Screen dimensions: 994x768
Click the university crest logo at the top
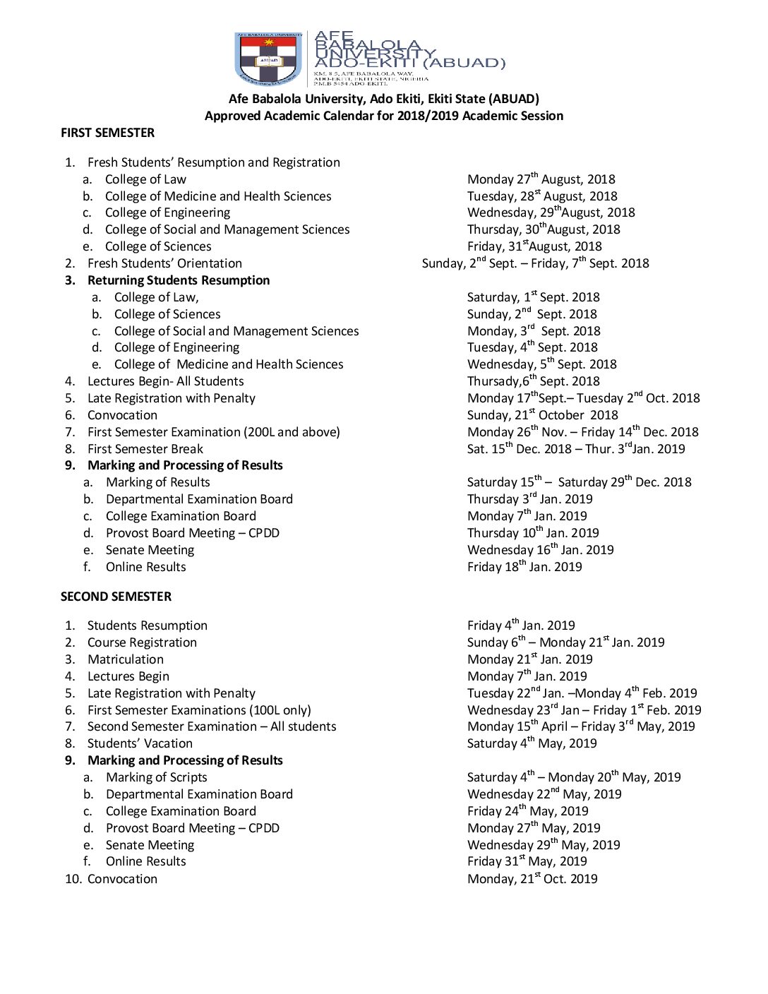(268, 59)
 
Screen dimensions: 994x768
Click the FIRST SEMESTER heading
(107, 133)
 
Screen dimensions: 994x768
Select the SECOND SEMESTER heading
(116, 597)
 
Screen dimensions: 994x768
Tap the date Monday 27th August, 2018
(541, 179)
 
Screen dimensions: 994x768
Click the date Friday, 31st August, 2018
(534, 246)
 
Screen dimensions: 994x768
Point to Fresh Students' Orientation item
(164, 263)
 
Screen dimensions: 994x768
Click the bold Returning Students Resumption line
(179, 280)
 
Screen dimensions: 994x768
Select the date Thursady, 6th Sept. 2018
(533, 381)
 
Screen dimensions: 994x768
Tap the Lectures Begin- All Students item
(165, 381)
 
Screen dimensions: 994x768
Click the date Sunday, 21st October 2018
(542, 415)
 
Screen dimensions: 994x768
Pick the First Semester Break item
(145, 449)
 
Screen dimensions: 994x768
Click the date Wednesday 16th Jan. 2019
(540, 550)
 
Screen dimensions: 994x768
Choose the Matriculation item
(125, 659)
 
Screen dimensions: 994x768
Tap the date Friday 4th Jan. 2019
(521, 625)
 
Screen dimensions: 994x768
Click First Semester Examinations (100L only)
(199, 710)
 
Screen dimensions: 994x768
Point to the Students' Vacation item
(140, 743)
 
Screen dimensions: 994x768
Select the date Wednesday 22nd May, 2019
(544, 794)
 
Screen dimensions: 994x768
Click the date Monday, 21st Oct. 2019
(532, 879)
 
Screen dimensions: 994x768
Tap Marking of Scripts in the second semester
(156, 777)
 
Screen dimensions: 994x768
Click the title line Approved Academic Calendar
(384, 116)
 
